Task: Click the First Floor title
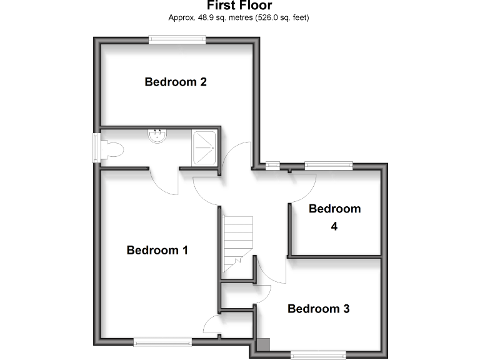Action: click(x=239, y=6)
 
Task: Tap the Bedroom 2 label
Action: click(x=176, y=82)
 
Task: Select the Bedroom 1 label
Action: click(x=157, y=250)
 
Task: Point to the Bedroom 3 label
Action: click(x=318, y=309)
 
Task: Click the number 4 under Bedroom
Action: click(x=334, y=226)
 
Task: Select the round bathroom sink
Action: click(x=157, y=135)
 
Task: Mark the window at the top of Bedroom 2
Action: click(x=177, y=40)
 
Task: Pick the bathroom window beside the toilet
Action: click(x=96, y=148)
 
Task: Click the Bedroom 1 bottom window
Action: click(x=162, y=341)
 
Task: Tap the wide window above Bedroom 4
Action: click(x=328, y=166)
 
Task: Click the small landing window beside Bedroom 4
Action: click(x=272, y=166)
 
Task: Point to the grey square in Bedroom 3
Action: click(x=264, y=344)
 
